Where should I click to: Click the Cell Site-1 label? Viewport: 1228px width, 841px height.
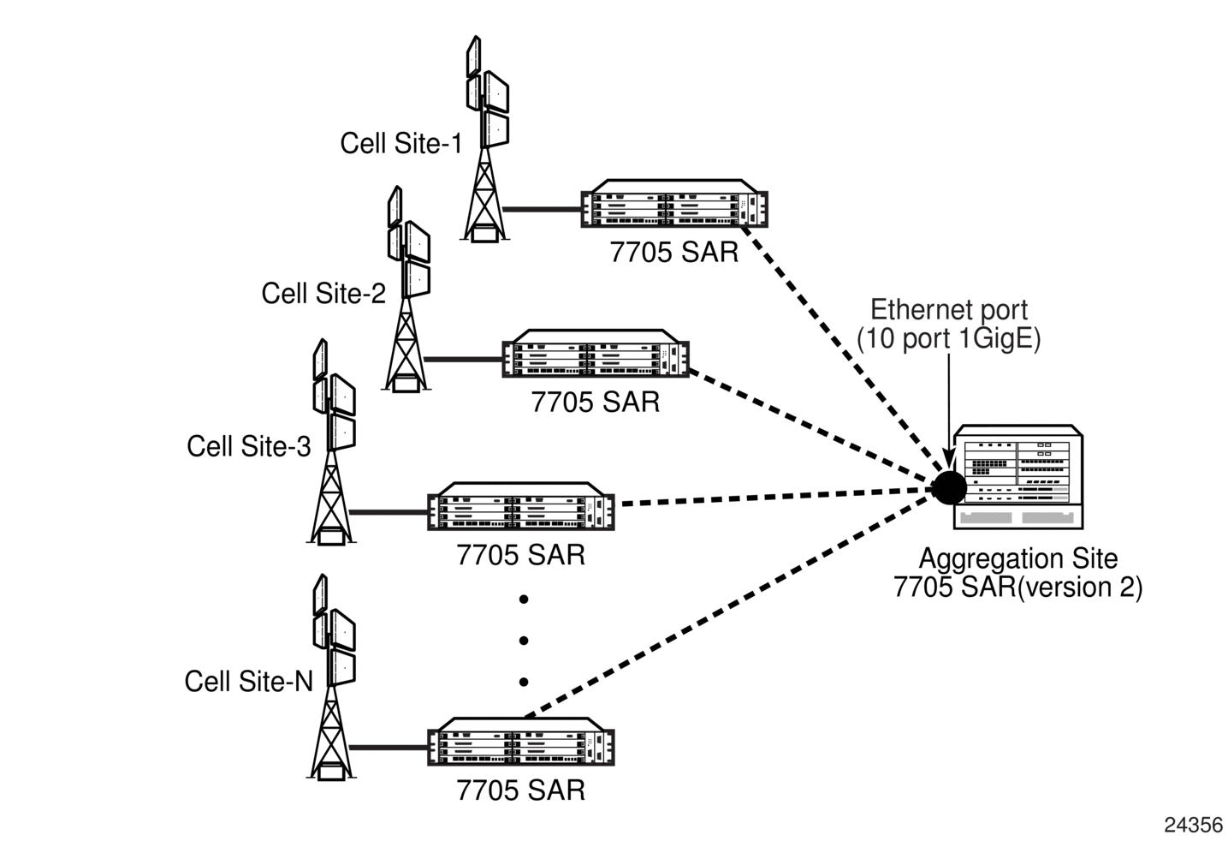click(400, 143)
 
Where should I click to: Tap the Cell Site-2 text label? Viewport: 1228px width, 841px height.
click(323, 294)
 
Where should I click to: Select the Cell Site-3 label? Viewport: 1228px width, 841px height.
click(248, 446)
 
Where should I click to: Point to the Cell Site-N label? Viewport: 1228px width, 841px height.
click(248, 682)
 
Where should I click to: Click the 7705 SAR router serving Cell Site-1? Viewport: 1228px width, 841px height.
click(674, 206)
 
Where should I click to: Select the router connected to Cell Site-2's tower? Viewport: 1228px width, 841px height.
click(596, 355)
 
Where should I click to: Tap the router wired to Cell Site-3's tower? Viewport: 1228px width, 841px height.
click(521, 507)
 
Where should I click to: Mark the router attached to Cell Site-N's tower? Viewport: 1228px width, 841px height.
click(521, 743)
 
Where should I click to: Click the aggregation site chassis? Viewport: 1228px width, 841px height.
click(1018, 477)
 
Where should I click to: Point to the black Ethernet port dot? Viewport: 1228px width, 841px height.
click(948, 487)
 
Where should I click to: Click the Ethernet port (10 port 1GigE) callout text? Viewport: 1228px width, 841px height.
click(949, 325)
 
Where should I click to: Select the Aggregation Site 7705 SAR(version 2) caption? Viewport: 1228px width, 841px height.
click(1017, 573)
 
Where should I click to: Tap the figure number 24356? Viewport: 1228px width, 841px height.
click(1193, 825)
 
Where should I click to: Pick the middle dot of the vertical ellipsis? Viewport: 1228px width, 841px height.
click(524, 641)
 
